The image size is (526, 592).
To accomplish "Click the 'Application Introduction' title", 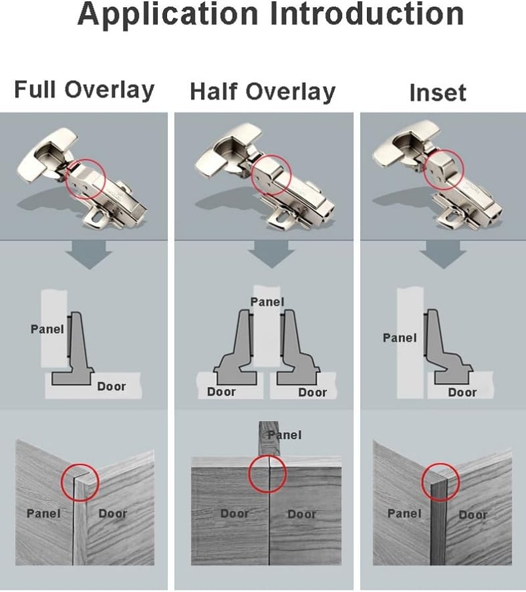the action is click(x=270, y=14).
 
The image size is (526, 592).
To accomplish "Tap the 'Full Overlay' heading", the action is click(x=84, y=90).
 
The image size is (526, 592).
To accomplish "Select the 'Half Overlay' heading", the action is click(x=262, y=92).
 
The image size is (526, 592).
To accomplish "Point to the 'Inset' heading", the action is click(x=438, y=93).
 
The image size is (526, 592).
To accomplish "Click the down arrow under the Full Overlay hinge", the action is click(x=89, y=255).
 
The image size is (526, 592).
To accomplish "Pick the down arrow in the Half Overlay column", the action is click(x=272, y=254).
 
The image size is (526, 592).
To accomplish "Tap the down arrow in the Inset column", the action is click(x=443, y=254).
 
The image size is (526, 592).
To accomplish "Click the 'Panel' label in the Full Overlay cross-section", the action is click(x=47, y=329).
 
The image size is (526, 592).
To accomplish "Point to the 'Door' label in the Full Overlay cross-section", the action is click(x=112, y=386).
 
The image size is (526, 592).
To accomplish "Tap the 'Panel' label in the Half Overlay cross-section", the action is click(x=267, y=302).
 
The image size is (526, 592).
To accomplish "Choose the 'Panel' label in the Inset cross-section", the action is click(x=400, y=338).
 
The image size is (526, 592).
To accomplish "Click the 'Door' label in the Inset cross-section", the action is click(x=462, y=392).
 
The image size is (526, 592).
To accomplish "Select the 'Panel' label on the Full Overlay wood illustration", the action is click(x=44, y=513).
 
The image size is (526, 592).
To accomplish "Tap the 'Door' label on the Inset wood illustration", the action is click(x=473, y=514).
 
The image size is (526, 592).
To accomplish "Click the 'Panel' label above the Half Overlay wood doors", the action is click(x=285, y=435).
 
